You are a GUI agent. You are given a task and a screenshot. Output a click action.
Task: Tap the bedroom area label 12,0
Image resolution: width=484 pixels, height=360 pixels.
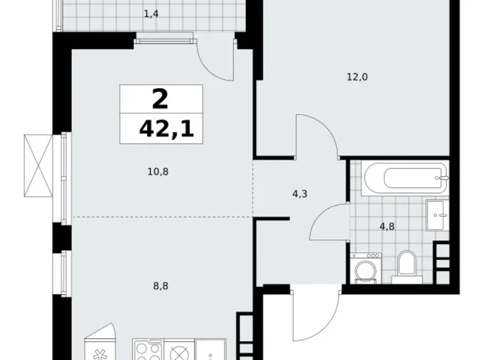[357, 77]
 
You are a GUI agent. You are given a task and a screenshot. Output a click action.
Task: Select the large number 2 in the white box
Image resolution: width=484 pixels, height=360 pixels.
[160, 99]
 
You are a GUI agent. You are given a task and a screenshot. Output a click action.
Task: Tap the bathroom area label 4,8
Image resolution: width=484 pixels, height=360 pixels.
[387, 226]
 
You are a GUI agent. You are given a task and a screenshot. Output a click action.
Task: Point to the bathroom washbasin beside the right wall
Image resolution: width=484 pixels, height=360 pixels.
[438, 215]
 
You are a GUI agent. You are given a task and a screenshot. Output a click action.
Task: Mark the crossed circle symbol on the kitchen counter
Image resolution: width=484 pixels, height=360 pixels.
[179, 353]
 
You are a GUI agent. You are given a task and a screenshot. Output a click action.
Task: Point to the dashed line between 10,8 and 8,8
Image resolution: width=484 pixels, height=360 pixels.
[161, 217]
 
